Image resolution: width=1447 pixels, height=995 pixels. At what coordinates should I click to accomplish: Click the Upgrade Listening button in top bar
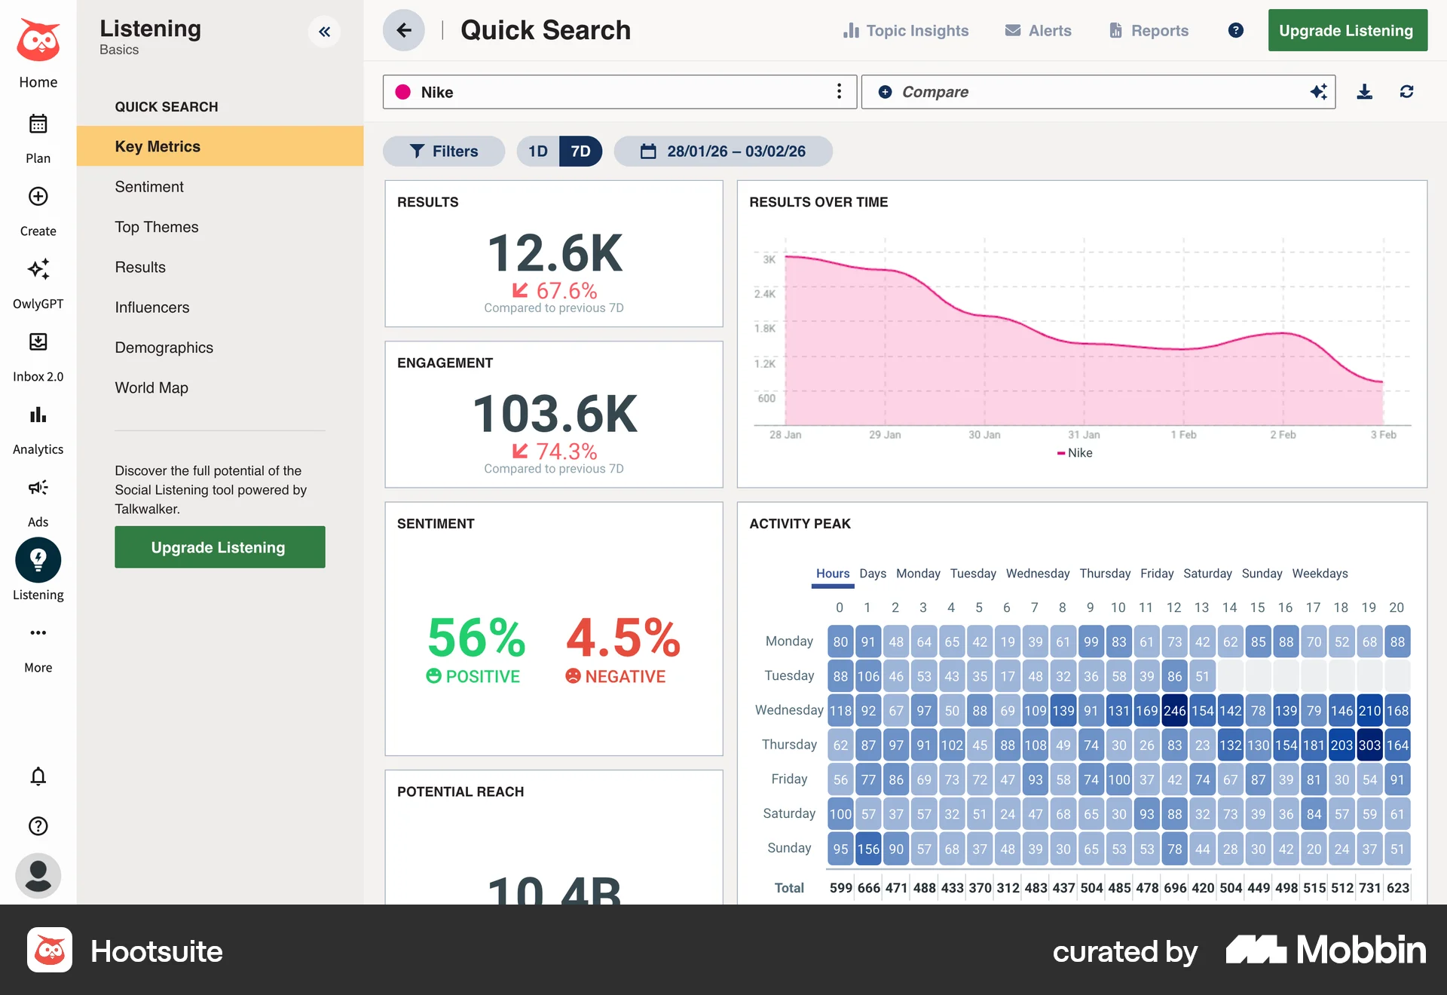[1347, 31]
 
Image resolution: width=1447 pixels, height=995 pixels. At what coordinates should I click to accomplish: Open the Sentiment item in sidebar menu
[149, 187]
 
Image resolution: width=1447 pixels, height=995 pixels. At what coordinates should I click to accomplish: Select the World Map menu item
[151, 387]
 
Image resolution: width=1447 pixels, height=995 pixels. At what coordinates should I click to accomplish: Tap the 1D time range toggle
[538, 152]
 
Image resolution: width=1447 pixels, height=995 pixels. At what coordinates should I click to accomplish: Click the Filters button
[444, 152]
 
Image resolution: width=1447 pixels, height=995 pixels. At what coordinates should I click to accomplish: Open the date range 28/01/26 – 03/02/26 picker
[723, 152]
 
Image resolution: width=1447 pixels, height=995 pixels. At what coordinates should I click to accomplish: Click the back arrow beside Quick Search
[404, 30]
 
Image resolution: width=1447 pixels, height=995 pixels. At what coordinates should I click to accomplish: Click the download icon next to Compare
[1364, 92]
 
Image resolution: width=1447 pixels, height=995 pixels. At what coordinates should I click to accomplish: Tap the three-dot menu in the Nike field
[839, 92]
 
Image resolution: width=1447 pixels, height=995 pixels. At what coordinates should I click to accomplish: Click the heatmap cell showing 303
[1369, 745]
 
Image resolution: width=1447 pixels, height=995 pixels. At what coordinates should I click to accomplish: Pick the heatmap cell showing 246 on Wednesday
[1174, 711]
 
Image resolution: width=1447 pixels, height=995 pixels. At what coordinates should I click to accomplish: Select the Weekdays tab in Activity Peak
[1320, 574]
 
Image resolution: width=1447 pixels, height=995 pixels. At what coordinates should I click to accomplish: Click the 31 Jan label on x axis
[1084, 435]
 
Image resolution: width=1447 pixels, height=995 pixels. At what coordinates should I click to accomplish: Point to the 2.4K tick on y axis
[765, 294]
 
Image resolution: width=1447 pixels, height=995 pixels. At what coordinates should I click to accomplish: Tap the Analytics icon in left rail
[38, 416]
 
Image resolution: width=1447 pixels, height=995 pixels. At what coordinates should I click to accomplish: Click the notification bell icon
[38, 776]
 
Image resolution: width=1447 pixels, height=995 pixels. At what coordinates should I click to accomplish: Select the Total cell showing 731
[1369, 888]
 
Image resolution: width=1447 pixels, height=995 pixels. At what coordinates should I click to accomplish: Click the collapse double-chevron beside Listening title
[324, 32]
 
